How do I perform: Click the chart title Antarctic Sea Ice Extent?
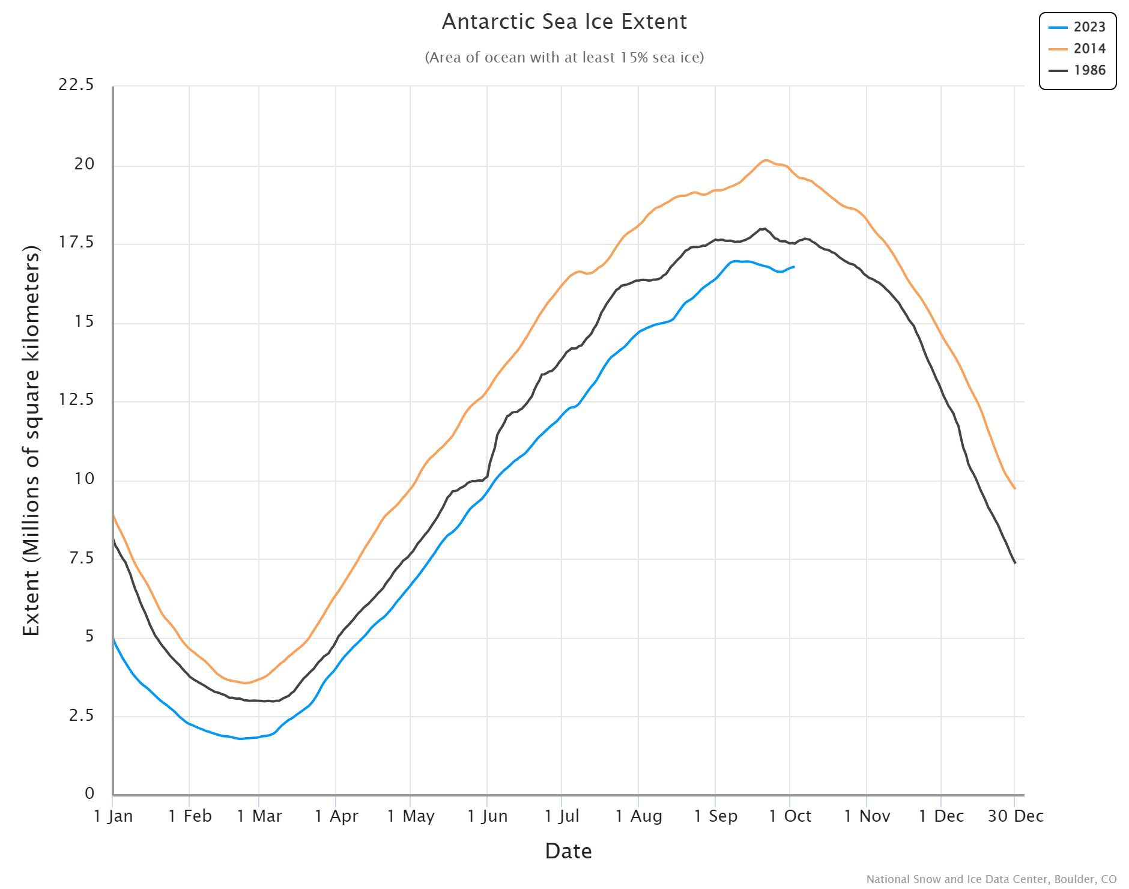click(x=564, y=22)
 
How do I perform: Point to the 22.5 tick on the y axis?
click(x=76, y=85)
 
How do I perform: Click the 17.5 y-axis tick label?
click(x=76, y=243)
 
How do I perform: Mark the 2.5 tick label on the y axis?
click(x=81, y=715)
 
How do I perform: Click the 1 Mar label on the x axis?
click(x=259, y=816)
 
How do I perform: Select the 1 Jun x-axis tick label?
click(x=488, y=816)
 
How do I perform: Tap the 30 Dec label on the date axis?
click(x=1015, y=816)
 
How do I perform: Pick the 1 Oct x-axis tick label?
click(x=790, y=816)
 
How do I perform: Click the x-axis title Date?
click(x=568, y=851)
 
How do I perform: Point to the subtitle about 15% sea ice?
click(x=564, y=58)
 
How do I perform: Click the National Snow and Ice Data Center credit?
click(x=991, y=879)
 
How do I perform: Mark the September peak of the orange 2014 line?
click(x=766, y=160)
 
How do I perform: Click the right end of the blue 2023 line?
click(x=794, y=267)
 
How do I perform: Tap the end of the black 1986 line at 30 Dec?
click(x=1015, y=563)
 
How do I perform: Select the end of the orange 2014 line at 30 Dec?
click(x=1015, y=488)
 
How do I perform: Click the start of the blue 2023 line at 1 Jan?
click(x=114, y=640)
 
